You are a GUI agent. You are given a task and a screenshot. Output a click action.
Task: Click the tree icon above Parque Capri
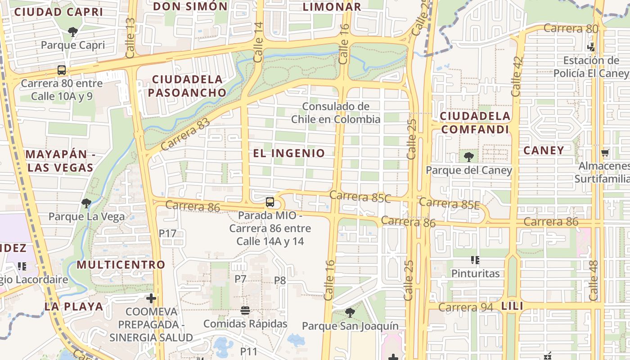[72, 32]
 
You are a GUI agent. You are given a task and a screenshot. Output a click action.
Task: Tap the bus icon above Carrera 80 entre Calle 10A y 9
[62, 70]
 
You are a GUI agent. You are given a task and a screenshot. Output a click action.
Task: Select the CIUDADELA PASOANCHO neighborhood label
[187, 86]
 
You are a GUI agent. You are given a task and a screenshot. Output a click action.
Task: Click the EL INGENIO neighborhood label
[289, 153]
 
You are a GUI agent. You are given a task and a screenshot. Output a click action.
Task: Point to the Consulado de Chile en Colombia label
[336, 113]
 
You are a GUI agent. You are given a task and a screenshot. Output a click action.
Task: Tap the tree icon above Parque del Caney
[468, 157]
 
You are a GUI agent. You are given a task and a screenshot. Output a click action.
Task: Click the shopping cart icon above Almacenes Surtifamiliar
[605, 153]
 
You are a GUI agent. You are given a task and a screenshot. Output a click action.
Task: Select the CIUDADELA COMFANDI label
[475, 122]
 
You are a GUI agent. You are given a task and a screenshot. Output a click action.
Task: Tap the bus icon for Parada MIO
[270, 202]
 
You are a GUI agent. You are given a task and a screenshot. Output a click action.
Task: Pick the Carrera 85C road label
[360, 196]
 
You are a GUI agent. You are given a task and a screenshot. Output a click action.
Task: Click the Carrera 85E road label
[450, 203]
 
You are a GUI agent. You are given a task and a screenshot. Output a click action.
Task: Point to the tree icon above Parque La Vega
[86, 203]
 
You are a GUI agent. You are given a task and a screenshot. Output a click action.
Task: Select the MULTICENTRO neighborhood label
[121, 264]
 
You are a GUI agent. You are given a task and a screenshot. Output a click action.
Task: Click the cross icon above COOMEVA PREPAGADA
[151, 298]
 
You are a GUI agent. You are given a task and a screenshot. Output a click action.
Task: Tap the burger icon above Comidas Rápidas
[245, 310]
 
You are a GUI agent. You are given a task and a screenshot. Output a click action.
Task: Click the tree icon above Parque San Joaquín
[350, 313]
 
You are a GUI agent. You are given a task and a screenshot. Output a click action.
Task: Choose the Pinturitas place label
[475, 274]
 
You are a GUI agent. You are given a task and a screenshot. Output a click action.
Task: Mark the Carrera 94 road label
[465, 307]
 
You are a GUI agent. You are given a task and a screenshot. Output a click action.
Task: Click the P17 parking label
[167, 233]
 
